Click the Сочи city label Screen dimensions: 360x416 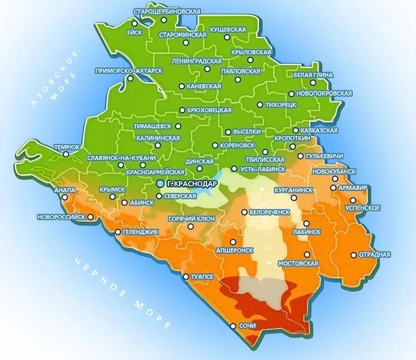(247, 326)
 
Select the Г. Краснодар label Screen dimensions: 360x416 (192, 183)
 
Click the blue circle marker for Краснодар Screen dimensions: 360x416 (160, 183)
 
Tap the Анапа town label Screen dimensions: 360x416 (64, 190)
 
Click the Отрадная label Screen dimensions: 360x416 (375, 254)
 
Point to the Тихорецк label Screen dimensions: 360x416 (280, 104)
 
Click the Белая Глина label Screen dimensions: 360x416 (313, 75)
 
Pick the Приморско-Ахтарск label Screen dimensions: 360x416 (129, 70)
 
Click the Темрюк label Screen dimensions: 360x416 (67, 146)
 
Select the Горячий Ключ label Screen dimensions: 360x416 (190, 219)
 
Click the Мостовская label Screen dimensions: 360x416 (301, 262)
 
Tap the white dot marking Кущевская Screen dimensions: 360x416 (227, 37)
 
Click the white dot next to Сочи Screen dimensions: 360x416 (233, 326)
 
